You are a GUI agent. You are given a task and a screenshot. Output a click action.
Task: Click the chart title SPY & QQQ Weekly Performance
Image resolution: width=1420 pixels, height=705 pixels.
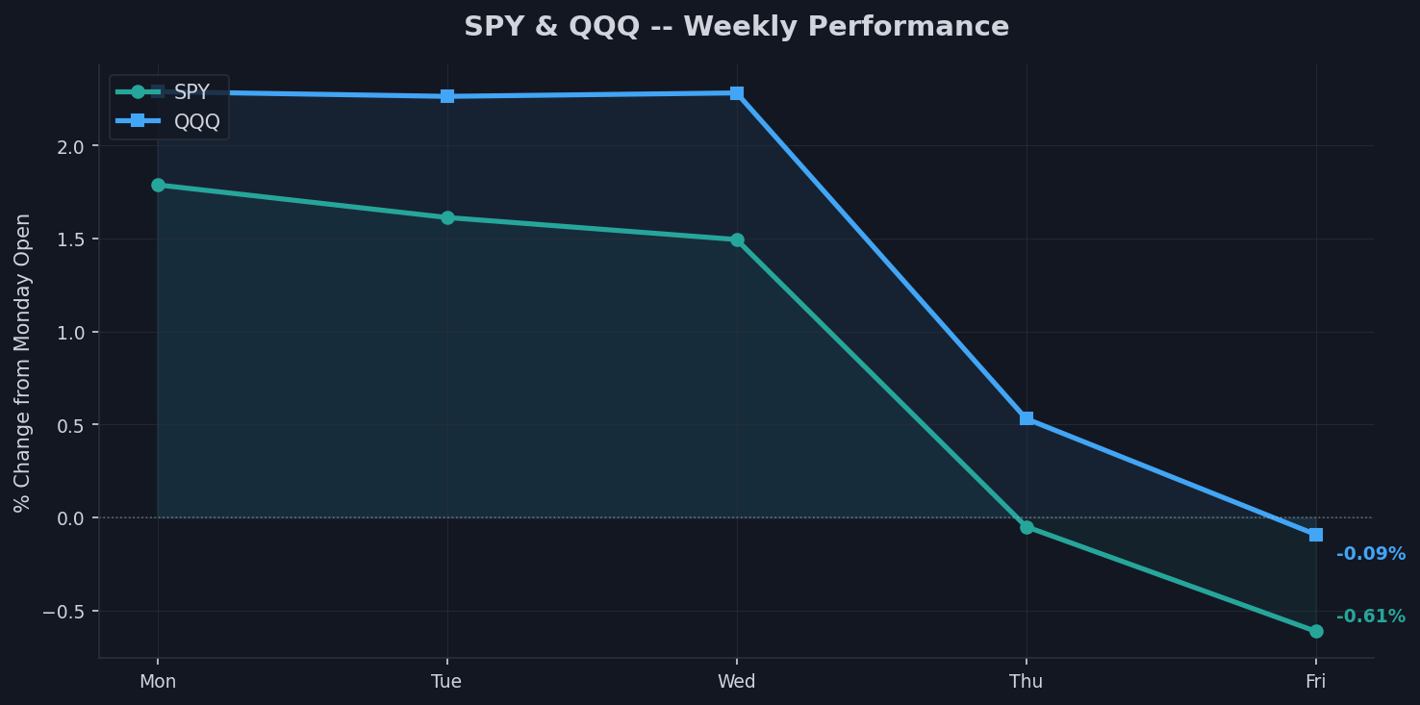point(736,27)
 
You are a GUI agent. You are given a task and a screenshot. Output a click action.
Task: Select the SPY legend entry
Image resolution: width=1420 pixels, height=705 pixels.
point(190,92)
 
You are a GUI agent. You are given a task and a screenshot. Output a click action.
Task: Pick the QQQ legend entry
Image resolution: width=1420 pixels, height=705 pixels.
point(196,121)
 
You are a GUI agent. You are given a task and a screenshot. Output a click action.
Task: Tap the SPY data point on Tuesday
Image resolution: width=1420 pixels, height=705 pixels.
point(447,217)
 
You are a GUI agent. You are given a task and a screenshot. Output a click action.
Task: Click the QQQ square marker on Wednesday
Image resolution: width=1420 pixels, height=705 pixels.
point(737,93)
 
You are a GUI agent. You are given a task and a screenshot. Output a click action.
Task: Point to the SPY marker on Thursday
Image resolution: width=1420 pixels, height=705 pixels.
point(1027,527)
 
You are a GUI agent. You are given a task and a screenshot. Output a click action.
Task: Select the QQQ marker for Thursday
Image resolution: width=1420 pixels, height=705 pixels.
point(1027,418)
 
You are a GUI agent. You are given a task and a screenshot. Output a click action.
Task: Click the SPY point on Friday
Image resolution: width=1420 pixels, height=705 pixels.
point(1316,631)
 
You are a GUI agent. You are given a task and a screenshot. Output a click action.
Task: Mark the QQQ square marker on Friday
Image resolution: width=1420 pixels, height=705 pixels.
point(1316,535)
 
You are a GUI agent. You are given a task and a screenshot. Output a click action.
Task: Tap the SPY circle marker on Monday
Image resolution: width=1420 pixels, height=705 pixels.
point(158,185)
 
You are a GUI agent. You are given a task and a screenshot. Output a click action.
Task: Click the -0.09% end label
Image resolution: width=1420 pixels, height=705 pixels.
point(1370,554)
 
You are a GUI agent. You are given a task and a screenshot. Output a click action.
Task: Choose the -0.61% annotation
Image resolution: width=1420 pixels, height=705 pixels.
point(1370,617)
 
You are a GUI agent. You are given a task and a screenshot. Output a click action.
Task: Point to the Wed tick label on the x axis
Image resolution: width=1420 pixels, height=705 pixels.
point(737,682)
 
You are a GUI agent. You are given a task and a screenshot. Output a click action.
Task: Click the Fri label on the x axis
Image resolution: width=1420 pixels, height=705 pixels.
point(1316,682)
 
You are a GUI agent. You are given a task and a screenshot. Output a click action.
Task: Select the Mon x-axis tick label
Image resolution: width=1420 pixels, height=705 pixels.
point(158,682)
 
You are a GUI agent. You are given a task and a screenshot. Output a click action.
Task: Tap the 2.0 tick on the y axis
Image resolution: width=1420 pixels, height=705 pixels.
point(73,146)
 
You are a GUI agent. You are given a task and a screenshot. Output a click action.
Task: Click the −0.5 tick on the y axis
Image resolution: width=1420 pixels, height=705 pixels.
point(66,612)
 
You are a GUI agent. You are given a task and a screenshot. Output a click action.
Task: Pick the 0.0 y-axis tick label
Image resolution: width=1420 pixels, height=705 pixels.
point(73,518)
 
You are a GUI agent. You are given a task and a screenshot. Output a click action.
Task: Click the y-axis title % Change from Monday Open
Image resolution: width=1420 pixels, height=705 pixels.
point(23,363)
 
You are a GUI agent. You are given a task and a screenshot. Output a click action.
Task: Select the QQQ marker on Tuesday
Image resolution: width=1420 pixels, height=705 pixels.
point(447,96)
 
